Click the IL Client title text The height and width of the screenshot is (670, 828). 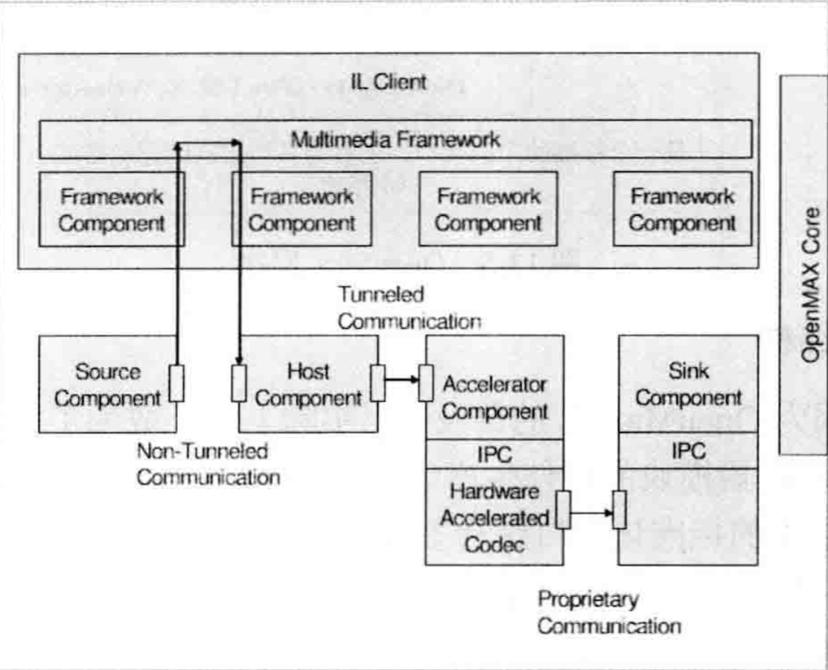pyautogui.click(x=388, y=82)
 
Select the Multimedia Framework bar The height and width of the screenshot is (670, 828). pyautogui.click(x=395, y=139)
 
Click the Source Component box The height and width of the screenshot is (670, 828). pyautogui.click(x=107, y=384)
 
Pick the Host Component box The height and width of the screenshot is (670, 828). pyautogui.click(x=308, y=384)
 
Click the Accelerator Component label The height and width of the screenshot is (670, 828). pyautogui.click(x=494, y=398)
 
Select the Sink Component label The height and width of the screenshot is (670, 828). pyautogui.click(x=688, y=384)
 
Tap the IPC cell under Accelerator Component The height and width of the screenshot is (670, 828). pyautogui.click(x=494, y=453)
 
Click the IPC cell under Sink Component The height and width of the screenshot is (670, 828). pyautogui.click(x=688, y=452)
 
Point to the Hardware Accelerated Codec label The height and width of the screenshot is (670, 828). pyautogui.click(x=493, y=517)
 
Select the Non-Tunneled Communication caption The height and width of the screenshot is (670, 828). pyautogui.click(x=208, y=464)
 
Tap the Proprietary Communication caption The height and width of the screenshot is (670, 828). pyautogui.click(x=608, y=613)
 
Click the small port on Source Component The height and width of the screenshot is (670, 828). pyautogui.click(x=177, y=383)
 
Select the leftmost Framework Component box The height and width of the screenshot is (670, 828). pyautogui.click(x=111, y=209)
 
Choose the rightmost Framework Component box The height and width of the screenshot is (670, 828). pyautogui.click(x=682, y=209)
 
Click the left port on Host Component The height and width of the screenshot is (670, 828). pyautogui.click(x=238, y=383)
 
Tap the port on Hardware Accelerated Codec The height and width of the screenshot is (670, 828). pyautogui.click(x=564, y=510)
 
